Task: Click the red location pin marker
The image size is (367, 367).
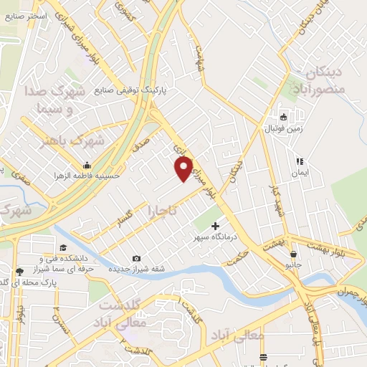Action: point(184,168)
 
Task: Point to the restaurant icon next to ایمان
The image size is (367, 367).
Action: point(300,162)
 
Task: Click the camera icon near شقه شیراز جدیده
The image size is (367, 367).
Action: point(136,259)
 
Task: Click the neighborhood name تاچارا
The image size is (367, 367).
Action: point(166,212)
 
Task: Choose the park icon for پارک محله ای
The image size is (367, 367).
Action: point(19,272)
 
